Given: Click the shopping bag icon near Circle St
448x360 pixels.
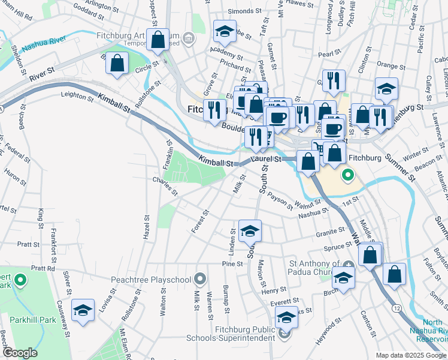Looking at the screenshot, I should click(117, 62).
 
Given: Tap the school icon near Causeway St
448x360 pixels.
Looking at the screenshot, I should click(83, 310).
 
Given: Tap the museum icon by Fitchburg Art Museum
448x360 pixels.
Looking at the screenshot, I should click(190, 40).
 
